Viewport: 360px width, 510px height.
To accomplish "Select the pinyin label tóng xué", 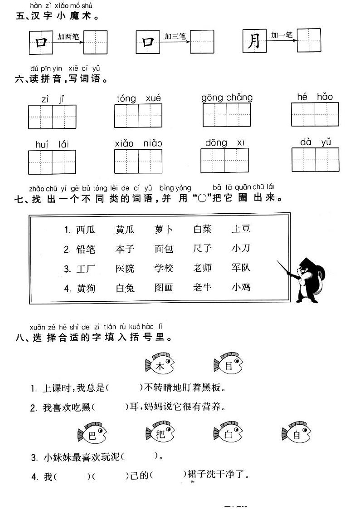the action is (x=138, y=98).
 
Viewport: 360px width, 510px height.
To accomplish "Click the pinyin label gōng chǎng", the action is (x=227, y=97).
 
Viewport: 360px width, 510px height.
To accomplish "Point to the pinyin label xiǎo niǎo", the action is (x=138, y=143).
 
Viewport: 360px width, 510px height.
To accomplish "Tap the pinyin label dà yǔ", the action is (x=316, y=142).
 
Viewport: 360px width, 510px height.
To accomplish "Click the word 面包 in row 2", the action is (x=164, y=249).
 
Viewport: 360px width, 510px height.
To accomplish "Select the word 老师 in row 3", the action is (x=202, y=268).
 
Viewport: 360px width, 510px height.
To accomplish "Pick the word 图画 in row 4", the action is (x=164, y=288).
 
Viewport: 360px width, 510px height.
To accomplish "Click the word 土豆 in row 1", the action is (x=241, y=229).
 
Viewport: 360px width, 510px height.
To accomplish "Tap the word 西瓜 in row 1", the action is (x=86, y=230).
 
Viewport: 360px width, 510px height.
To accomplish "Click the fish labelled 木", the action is (x=159, y=365).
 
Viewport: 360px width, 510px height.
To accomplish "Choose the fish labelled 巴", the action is (x=91, y=434).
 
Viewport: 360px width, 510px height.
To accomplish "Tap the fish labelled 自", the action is (x=296, y=434).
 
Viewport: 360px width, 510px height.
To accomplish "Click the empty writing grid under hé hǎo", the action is (x=315, y=114).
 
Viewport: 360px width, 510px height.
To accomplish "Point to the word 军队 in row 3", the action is (x=241, y=268).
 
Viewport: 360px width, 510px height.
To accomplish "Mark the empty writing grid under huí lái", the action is (x=52, y=162).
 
